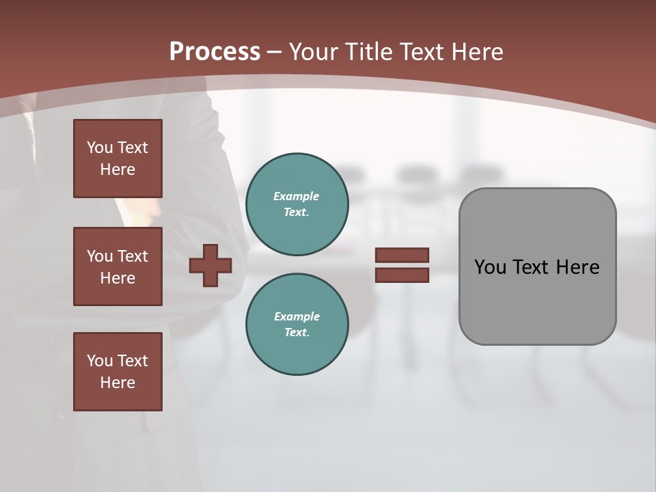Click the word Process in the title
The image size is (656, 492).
[215, 52]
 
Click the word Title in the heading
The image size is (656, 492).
[369, 52]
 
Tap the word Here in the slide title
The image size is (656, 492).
[476, 52]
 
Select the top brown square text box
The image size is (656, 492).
[118, 159]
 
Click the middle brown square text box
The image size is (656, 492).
[118, 266]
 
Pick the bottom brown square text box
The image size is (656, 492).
[118, 372]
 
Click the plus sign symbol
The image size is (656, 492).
[210, 265]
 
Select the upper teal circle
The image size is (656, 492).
[297, 204]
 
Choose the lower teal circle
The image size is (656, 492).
[297, 325]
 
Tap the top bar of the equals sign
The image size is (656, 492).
[402, 255]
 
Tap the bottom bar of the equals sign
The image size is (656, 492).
[402, 275]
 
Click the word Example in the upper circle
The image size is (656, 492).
[297, 196]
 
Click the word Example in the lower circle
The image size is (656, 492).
[297, 316]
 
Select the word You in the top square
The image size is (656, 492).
[99, 148]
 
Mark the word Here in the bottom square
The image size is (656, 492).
[118, 383]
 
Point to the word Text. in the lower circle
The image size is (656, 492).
[297, 333]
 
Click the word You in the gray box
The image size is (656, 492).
[490, 267]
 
